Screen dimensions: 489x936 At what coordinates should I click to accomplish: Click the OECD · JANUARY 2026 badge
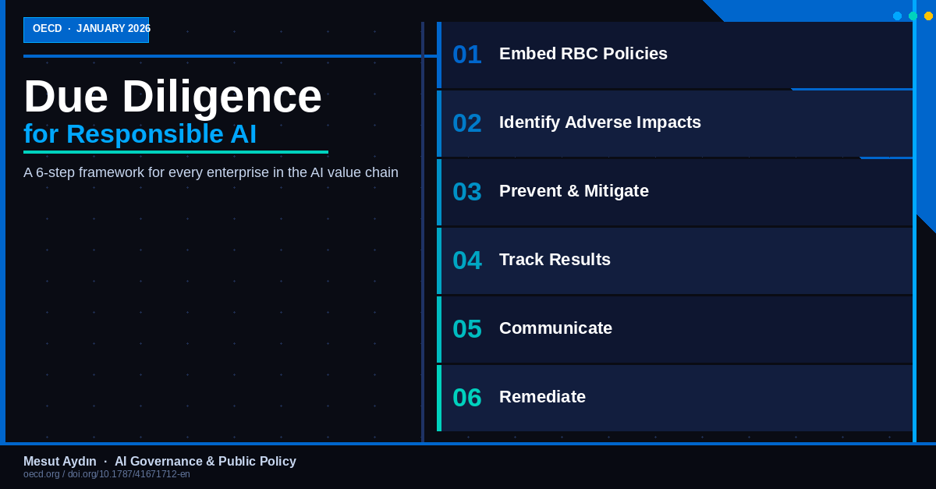click(x=86, y=29)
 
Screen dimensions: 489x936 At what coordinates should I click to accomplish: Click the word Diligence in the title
click(x=222, y=97)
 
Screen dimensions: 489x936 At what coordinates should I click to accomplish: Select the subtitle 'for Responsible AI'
click(x=140, y=134)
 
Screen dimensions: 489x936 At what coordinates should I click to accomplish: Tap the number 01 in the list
click(x=466, y=55)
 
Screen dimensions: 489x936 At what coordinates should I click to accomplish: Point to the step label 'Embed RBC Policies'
click(x=583, y=54)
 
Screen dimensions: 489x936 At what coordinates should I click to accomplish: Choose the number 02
click(x=466, y=123)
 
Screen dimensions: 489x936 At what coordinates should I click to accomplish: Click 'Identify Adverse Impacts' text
click(x=600, y=122)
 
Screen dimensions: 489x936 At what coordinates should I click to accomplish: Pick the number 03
click(x=466, y=192)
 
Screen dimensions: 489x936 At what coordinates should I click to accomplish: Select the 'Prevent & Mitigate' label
click(x=573, y=191)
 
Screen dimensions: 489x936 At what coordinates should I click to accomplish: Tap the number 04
click(x=466, y=260)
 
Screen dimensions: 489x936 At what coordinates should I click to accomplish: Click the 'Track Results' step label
click(x=555, y=260)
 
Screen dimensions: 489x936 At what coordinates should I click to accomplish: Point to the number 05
click(x=466, y=329)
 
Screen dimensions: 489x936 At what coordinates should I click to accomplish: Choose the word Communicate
click(x=555, y=328)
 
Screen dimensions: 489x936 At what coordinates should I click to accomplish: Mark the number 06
click(x=466, y=398)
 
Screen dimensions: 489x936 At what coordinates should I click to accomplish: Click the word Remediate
click(x=542, y=397)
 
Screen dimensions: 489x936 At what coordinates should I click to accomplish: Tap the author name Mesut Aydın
click(x=60, y=462)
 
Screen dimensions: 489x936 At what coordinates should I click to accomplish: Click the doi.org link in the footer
click(x=129, y=474)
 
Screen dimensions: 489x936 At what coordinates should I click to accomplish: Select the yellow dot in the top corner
click(x=928, y=16)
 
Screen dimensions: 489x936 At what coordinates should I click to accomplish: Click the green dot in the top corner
click(x=913, y=16)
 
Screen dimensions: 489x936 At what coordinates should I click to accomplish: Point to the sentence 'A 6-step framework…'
click(x=211, y=172)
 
